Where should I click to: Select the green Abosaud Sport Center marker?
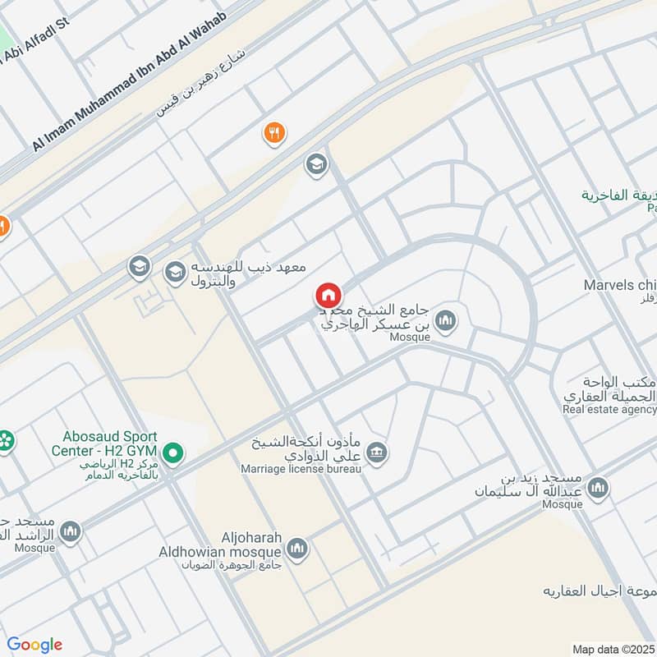[172, 452]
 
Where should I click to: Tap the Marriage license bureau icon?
[377, 453]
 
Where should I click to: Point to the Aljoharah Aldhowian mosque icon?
[297, 548]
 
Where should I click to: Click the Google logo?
[34, 645]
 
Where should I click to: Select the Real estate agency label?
[610, 408]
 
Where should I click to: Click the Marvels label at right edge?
[619, 285]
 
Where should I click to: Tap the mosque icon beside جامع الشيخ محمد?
[446, 320]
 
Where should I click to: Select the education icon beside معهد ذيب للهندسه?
[175, 272]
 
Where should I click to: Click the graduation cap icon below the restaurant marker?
[315, 165]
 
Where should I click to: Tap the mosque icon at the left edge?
[71, 531]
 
